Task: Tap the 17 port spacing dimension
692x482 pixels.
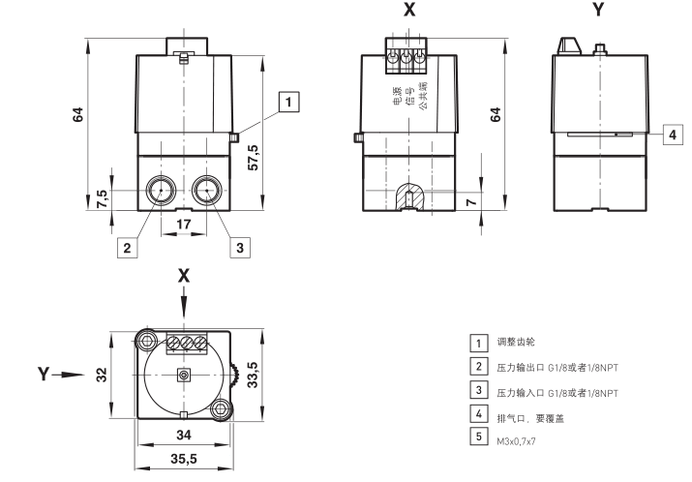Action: (184, 224)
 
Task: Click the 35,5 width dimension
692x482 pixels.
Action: (184, 457)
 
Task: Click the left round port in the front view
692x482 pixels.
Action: (161, 190)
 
